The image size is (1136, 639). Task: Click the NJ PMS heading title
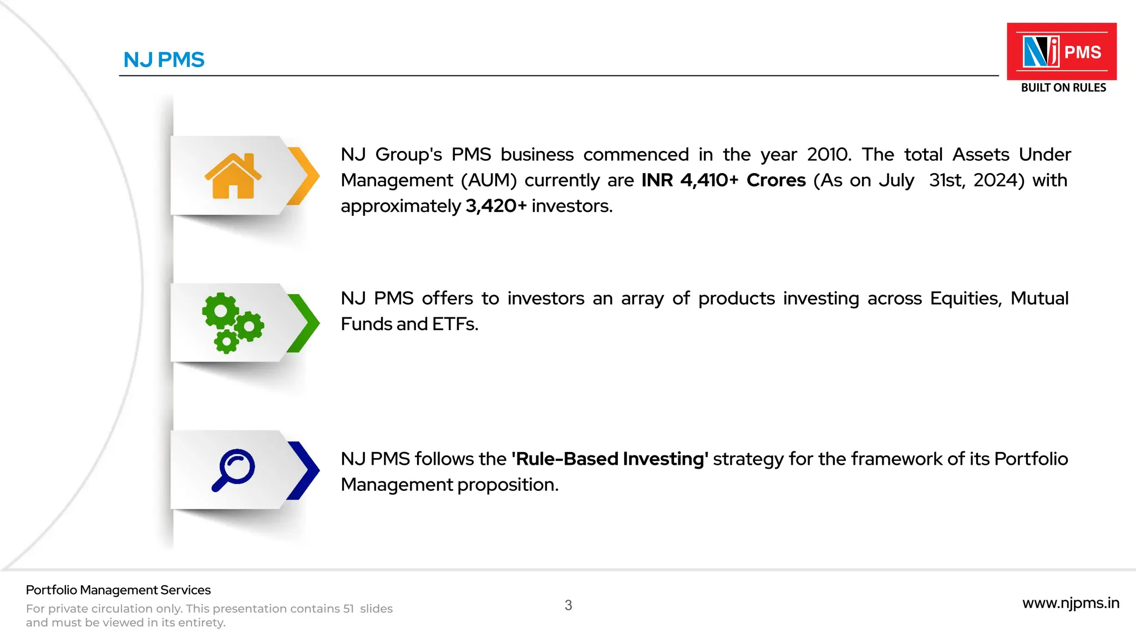click(x=164, y=60)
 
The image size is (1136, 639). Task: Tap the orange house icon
click(x=233, y=176)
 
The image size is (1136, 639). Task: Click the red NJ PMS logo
click(x=1061, y=52)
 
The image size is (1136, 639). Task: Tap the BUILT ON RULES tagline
click(x=1063, y=88)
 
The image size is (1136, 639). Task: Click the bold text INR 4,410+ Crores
click(x=723, y=180)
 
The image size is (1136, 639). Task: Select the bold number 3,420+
click(x=496, y=206)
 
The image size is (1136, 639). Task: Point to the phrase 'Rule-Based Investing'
click(x=610, y=459)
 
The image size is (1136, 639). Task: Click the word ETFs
click(x=455, y=324)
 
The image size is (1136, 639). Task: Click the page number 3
click(x=568, y=605)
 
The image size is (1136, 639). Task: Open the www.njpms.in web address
click(x=1071, y=603)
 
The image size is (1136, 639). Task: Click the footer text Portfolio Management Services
click(x=118, y=590)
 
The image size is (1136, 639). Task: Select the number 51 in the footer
click(x=348, y=609)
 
